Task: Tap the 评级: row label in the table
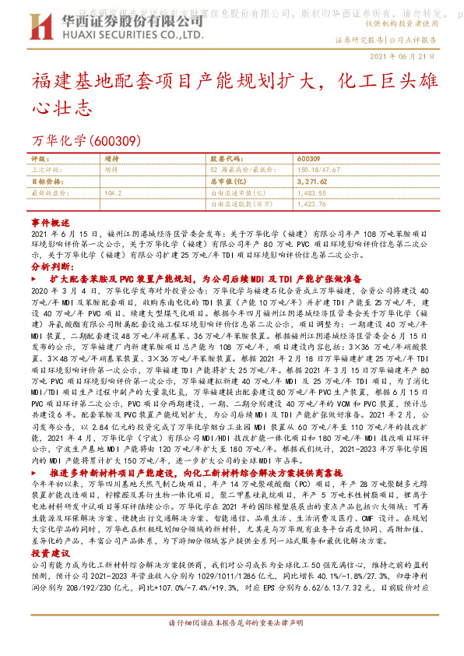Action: (x=39, y=157)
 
